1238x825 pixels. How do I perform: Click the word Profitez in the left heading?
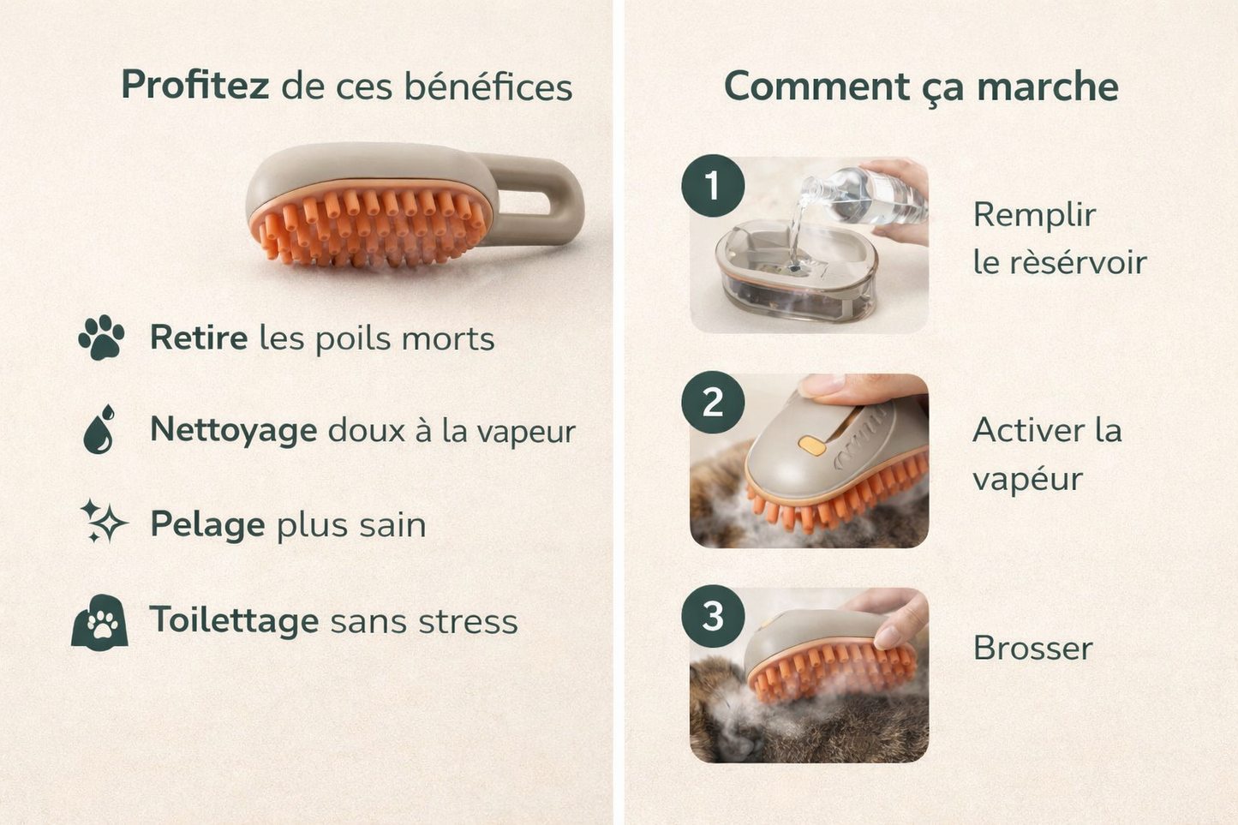[x=194, y=85]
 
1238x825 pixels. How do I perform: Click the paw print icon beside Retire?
[x=102, y=337]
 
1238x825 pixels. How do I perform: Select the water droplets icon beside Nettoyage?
[x=99, y=429]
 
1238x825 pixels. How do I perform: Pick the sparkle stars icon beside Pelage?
[x=104, y=522]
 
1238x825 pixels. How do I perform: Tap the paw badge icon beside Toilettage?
[x=100, y=623]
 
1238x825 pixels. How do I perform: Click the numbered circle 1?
[x=713, y=185]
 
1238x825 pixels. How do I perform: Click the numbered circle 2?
[x=713, y=402]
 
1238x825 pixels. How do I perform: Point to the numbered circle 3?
[x=713, y=616]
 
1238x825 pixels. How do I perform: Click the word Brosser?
[x=1032, y=648]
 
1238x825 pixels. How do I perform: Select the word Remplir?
[x=1034, y=215]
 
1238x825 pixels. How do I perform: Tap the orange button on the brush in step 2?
[x=811, y=445]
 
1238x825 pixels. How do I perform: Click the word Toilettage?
[x=234, y=619]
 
